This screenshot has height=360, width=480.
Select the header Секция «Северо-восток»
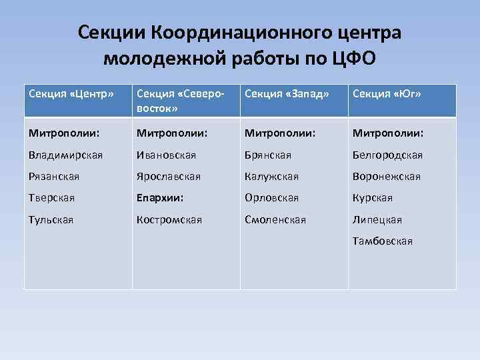(180, 100)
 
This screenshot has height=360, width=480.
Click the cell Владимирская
(65, 155)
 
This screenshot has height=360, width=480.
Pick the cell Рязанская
(55, 176)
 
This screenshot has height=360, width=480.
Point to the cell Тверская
(52, 197)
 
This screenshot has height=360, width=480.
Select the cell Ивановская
(167, 155)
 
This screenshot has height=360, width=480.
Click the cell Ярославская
(171, 176)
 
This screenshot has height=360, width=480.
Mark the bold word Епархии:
(161, 197)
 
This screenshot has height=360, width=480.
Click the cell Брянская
(268, 155)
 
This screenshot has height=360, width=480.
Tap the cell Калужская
(271, 176)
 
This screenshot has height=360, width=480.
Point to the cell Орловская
(271, 197)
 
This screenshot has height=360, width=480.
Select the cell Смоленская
(275, 219)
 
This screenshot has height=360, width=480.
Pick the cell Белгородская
(387, 155)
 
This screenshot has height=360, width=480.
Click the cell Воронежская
(387, 176)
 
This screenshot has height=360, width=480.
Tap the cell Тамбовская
(383, 240)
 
